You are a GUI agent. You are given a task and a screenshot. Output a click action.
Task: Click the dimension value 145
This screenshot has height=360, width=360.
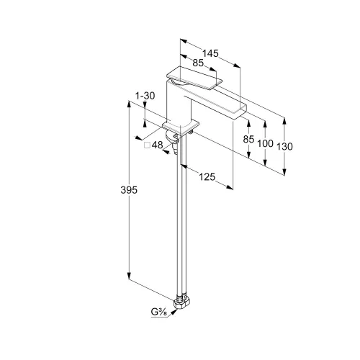tap(210, 53)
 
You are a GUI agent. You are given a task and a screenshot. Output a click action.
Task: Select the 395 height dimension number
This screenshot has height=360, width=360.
tap(129, 190)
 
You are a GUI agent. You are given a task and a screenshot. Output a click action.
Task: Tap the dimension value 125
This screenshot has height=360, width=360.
tap(207, 177)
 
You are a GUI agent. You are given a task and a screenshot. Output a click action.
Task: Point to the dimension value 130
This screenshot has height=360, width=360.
tap(284, 146)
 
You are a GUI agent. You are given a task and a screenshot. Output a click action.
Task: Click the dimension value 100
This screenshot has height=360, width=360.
tap(265, 143)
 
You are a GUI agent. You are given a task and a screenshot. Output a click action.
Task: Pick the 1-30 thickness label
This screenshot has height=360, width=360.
tap(145, 96)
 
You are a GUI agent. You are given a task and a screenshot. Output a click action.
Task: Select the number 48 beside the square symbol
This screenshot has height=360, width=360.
tap(158, 145)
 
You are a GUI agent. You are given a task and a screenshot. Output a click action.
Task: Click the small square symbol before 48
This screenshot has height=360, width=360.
tap(147, 145)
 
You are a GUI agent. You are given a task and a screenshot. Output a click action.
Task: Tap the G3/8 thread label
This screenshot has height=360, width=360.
tap(159, 312)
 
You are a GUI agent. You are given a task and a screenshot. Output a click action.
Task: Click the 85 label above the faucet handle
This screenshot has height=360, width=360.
tap(198, 63)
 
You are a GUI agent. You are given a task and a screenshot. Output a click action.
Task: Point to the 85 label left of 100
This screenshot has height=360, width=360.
tap(248, 139)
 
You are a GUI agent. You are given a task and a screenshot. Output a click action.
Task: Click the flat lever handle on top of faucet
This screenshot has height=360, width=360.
tap(194, 78)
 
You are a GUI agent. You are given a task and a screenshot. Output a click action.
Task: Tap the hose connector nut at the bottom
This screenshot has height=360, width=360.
tap(181, 303)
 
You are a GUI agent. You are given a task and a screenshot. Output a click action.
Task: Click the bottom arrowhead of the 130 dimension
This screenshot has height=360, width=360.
tap(284, 172)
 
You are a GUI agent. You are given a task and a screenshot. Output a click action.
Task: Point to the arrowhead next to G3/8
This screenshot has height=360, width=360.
tap(174, 312)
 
